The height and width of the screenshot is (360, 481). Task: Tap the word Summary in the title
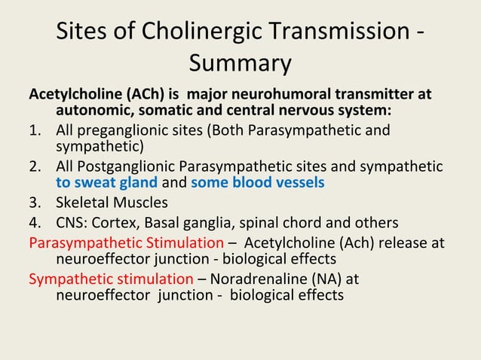240,63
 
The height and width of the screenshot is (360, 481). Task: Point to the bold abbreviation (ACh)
131,96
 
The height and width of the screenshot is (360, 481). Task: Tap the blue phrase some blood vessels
257,183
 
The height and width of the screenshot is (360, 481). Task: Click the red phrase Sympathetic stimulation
111,278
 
